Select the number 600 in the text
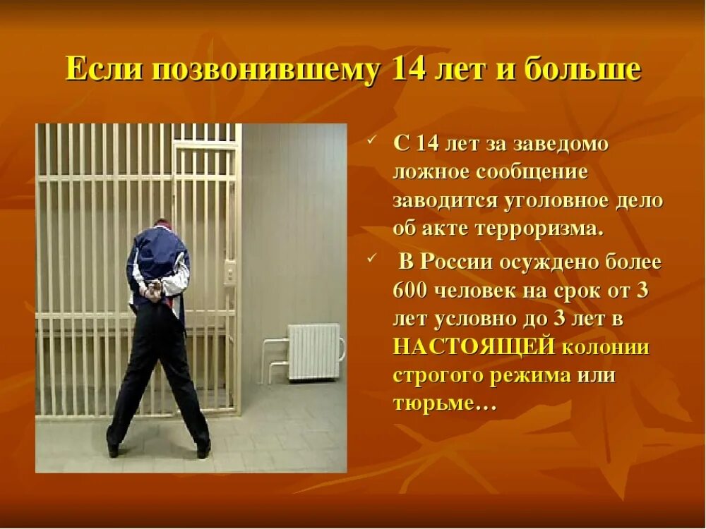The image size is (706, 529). pos(412,289)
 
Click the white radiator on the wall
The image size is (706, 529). pos(313,351)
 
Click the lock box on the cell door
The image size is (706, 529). pos(229,272)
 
